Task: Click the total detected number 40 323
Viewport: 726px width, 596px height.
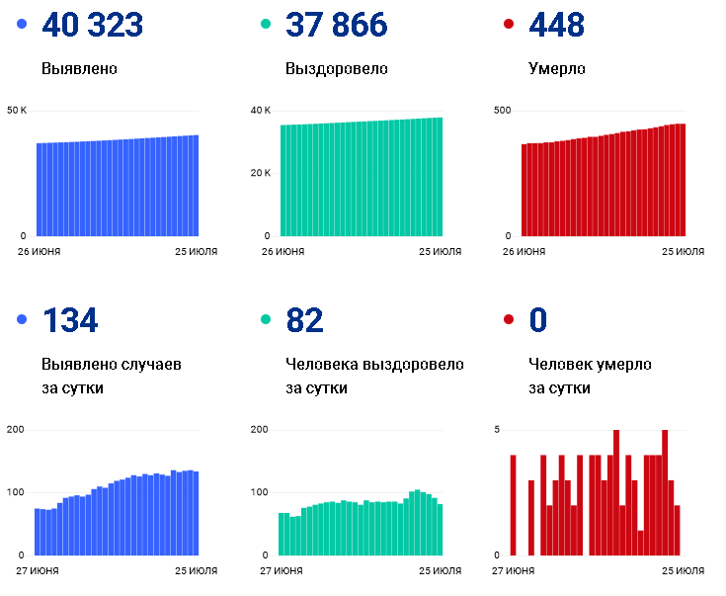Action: click(x=93, y=25)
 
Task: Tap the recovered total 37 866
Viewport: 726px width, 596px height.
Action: click(x=337, y=25)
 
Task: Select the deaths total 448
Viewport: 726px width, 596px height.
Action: click(x=556, y=25)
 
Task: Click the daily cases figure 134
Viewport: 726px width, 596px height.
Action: click(x=70, y=320)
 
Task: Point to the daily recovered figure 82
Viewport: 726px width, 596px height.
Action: click(x=304, y=320)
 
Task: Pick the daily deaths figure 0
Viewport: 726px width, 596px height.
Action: click(x=538, y=320)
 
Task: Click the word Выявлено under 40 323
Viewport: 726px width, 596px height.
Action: click(x=79, y=68)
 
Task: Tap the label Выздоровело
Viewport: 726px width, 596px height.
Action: click(x=337, y=68)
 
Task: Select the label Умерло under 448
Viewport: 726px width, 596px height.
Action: click(x=557, y=68)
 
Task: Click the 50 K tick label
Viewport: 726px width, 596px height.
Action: click(x=17, y=111)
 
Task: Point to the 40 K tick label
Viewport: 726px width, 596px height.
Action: click(x=261, y=111)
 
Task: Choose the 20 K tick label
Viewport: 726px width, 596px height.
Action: click(x=261, y=173)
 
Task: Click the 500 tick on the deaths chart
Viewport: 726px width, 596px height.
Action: click(x=503, y=111)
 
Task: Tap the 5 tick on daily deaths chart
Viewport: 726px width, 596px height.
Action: click(x=497, y=430)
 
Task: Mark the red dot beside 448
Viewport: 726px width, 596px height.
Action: click(x=509, y=24)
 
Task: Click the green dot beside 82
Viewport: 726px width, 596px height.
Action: click(x=266, y=319)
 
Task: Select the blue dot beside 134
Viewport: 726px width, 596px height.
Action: click(x=22, y=319)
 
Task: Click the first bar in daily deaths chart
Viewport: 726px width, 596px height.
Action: click(x=513, y=505)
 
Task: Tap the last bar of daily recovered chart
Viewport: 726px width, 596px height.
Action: click(x=440, y=530)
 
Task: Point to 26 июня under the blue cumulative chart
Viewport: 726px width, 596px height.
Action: click(x=39, y=252)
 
